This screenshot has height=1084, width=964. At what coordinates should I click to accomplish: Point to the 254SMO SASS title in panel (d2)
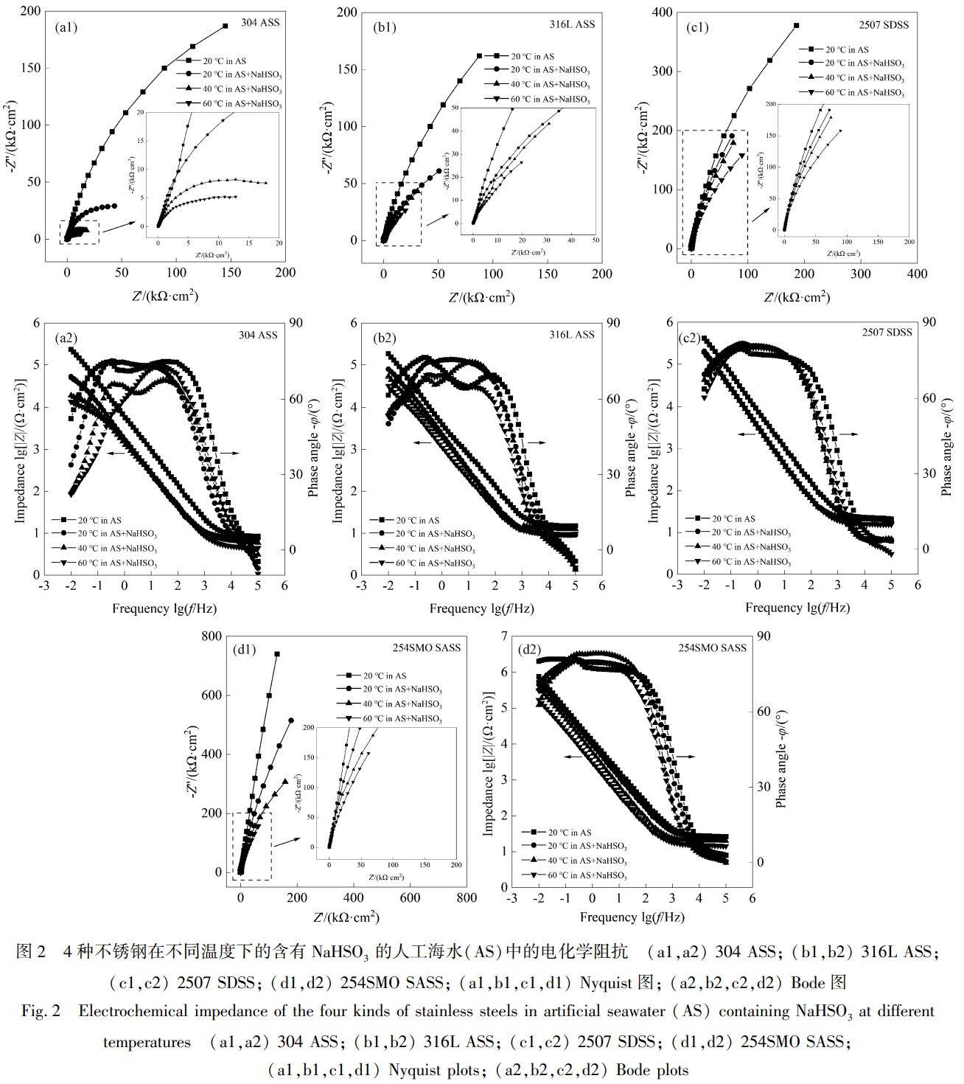[x=713, y=647]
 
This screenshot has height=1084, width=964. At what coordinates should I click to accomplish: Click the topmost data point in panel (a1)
[x=225, y=26]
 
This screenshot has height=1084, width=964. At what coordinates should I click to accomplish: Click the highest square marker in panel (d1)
[x=277, y=653]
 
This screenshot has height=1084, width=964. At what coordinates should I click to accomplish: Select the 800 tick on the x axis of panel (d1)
[x=467, y=898]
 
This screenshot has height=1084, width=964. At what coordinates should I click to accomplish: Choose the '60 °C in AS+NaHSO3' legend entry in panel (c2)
[x=744, y=562]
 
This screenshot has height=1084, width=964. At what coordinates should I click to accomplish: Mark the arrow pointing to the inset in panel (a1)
[x=117, y=226]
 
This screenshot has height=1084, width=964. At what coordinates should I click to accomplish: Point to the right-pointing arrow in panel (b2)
[x=536, y=442]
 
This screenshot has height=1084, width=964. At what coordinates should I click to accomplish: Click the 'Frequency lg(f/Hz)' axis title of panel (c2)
[x=797, y=608]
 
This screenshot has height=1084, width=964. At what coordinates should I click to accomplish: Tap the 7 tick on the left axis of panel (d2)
[x=503, y=636]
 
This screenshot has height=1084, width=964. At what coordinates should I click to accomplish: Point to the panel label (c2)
[x=691, y=339]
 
